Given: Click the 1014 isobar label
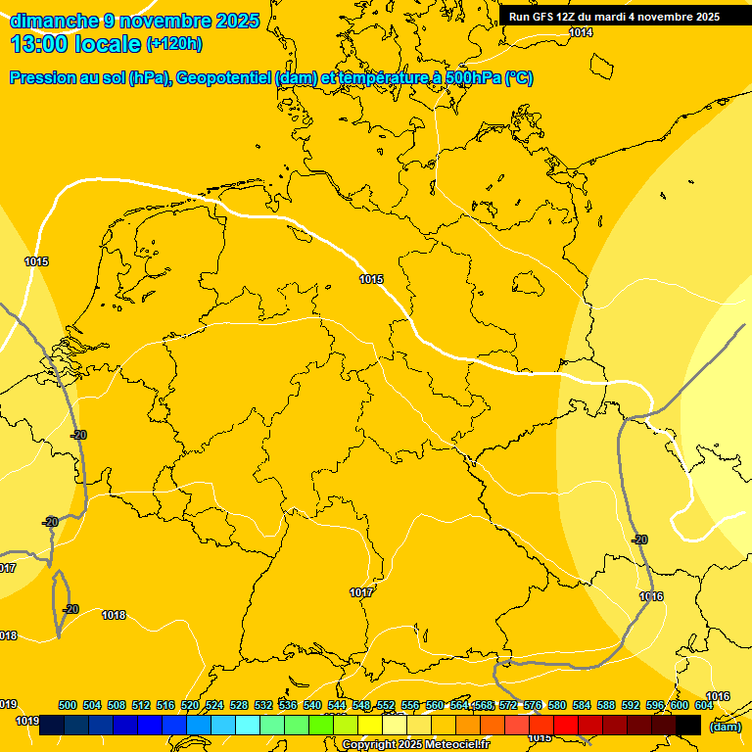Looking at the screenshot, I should (x=581, y=32).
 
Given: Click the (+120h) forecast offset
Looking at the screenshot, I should (x=174, y=44).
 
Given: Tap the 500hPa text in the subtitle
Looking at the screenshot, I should (x=471, y=78).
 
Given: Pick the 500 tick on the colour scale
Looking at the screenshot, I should (x=68, y=705).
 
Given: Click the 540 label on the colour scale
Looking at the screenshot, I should (x=312, y=705).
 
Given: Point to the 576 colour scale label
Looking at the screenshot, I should (x=533, y=705).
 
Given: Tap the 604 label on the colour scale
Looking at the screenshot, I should (x=703, y=705).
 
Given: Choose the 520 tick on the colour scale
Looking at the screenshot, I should (x=190, y=705).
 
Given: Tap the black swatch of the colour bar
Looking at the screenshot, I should (x=688, y=725).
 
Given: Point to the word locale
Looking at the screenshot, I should (x=106, y=44).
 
